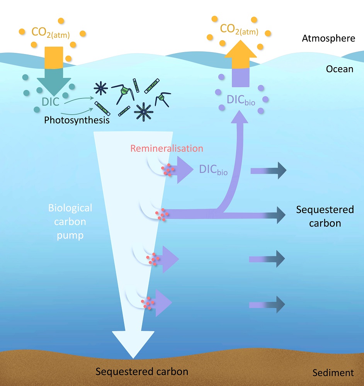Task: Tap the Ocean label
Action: (340, 69)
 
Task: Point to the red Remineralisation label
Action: (167, 148)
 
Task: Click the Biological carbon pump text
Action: (70, 222)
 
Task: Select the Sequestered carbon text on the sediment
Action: (142, 372)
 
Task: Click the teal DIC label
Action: (51, 103)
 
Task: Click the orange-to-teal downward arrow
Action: (54, 69)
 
